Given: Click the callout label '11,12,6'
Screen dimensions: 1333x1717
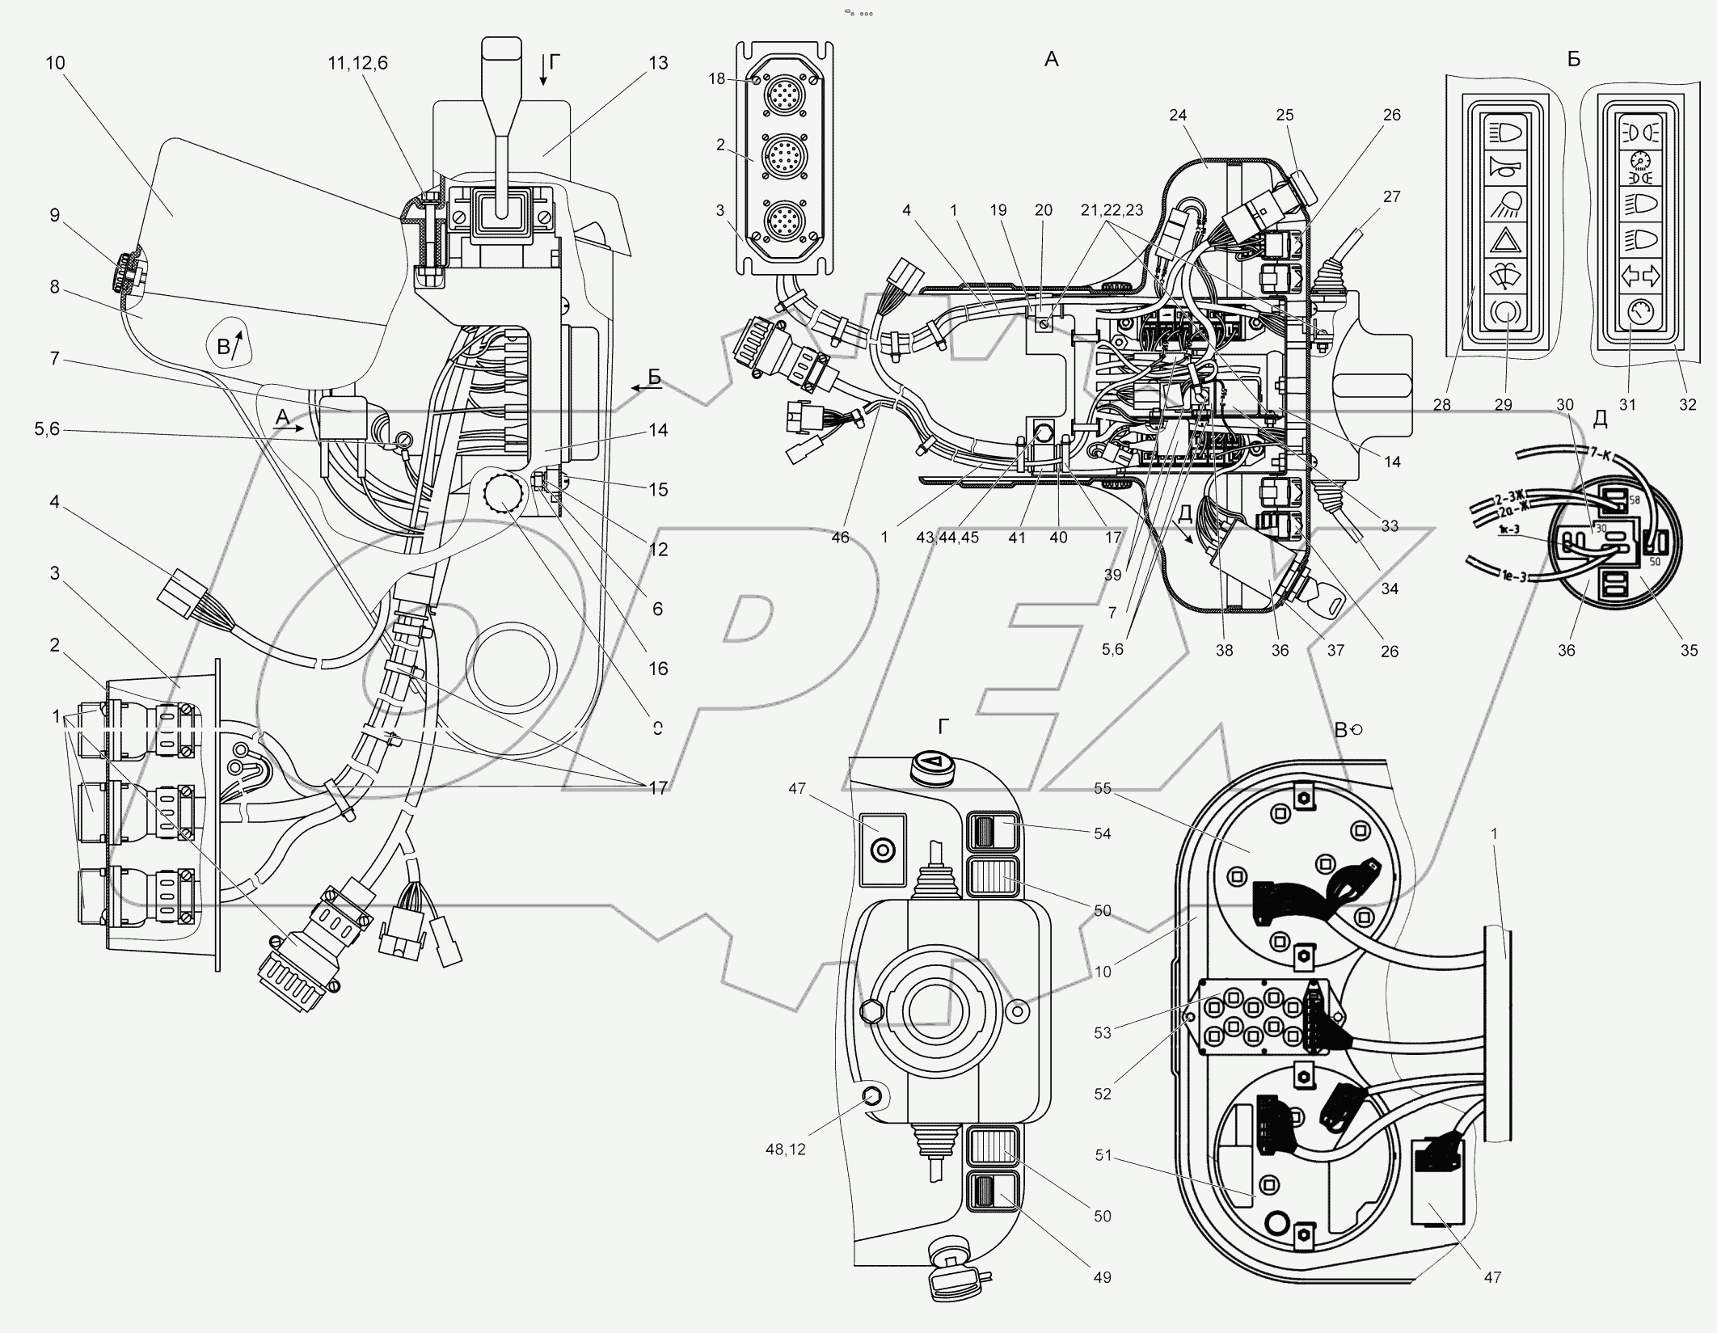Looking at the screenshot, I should (x=357, y=63).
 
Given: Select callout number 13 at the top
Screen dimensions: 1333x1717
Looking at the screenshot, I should (x=658, y=63).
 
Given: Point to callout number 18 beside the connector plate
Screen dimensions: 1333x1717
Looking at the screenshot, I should (x=716, y=78).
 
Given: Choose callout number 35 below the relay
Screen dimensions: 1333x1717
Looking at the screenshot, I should (x=1689, y=649).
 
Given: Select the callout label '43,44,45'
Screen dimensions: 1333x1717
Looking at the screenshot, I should (x=947, y=537).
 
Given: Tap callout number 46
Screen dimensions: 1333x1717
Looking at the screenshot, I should (x=840, y=537).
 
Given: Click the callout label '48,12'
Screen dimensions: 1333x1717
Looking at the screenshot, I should (x=786, y=1150).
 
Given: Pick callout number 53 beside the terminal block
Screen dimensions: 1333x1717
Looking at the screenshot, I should (x=1102, y=1032).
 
